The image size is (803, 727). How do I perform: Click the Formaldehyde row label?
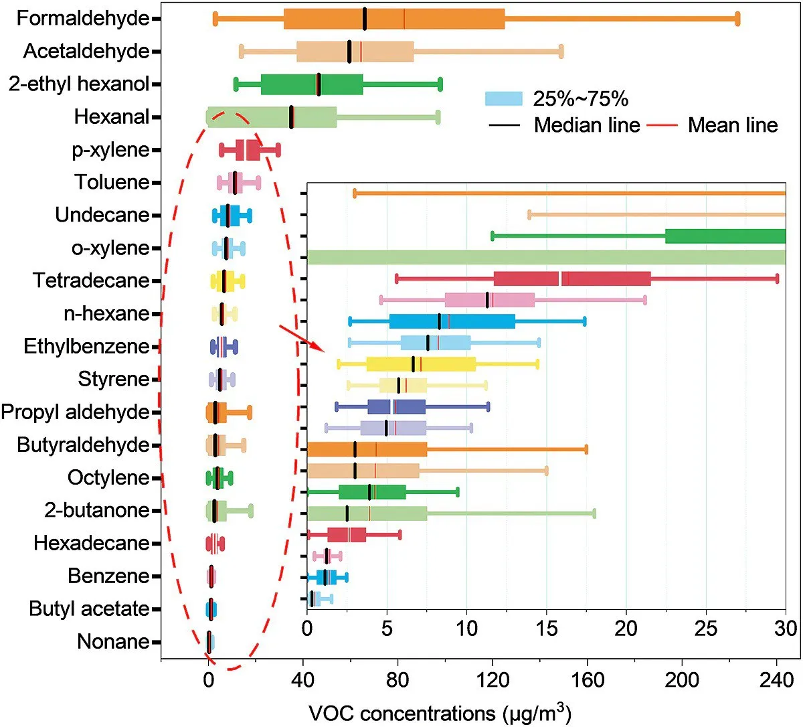[83, 18]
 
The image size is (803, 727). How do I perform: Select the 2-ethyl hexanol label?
[79, 84]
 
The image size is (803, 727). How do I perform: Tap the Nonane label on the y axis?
[113, 641]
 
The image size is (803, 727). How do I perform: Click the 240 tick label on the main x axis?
[777, 680]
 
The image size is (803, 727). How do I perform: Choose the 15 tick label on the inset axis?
[547, 629]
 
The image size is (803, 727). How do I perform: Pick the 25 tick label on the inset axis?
[706, 629]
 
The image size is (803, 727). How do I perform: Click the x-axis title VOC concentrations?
[440, 714]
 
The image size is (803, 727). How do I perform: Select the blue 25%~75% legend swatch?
[503, 99]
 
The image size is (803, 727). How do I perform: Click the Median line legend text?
[586, 125]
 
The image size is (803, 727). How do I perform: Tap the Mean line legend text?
[733, 125]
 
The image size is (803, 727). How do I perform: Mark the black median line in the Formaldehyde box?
[365, 19]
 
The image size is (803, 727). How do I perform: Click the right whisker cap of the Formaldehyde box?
[737, 19]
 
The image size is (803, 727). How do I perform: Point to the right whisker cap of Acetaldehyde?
[561, 52]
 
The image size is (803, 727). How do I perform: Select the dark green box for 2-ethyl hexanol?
[312, 84]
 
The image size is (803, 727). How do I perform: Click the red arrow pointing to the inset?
[301, 338]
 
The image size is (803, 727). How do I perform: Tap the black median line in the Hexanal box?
[291, 117]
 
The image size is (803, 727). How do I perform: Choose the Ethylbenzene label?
[86, 346]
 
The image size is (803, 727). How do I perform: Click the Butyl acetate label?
[89, 609]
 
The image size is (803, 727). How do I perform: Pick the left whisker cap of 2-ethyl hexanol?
[236, 84]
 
